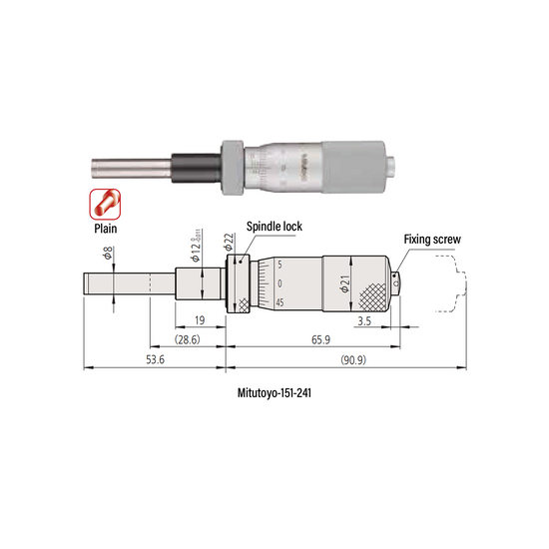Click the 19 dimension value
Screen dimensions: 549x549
pos(199,321)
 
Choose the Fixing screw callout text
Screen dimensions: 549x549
pos(430,240)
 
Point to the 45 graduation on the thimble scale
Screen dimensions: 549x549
pos(279,302)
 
